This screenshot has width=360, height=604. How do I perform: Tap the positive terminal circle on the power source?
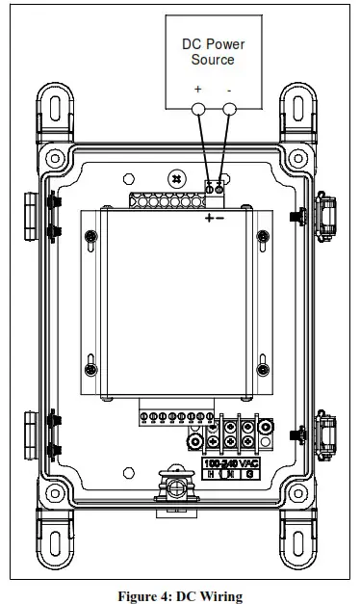(199, 110)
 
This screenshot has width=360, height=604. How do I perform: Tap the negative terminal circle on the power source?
(228, 110)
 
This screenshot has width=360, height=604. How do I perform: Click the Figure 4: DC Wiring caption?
(180, 596)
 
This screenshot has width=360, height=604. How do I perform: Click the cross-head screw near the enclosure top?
(175, 179)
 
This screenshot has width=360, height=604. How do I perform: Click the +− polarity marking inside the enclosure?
(214, 219)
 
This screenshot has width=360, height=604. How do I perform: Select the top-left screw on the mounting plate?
(90, 237)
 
